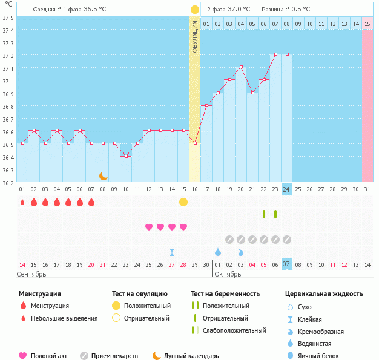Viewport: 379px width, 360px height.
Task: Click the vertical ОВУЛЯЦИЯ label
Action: (x=195, y=36)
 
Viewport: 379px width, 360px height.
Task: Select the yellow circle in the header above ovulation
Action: (x=195, y=10)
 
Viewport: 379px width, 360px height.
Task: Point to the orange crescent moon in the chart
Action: (x=104, y=175)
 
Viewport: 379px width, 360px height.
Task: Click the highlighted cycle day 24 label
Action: (x=287, y=189)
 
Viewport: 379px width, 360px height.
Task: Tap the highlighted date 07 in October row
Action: (x=287, y=264)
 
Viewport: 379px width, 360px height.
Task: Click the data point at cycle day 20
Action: (x=241, y=67)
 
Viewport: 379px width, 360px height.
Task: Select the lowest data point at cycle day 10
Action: (x=126, y=156)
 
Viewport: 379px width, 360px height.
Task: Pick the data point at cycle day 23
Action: (x=275, y=54)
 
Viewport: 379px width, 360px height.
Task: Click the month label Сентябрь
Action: (x=32, y=274)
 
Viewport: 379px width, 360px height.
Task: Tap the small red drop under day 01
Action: (x=22, y=202)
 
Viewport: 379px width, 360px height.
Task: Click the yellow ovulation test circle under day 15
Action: (x=183, y=201)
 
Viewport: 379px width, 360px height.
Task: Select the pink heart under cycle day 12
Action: (x=149, y=227)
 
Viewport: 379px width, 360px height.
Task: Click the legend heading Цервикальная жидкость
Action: (x=324, y=294)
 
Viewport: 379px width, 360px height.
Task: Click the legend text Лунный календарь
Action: (x=193, y=356)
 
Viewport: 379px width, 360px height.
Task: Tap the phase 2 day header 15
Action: (x=367, y=24)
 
